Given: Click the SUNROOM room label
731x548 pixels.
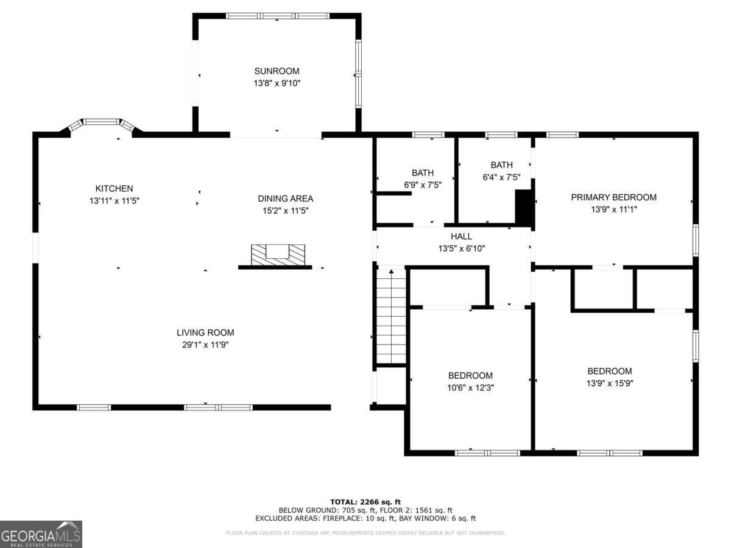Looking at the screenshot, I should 277,71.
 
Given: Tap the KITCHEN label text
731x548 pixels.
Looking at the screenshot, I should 114,189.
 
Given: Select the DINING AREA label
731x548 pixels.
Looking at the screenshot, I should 285,198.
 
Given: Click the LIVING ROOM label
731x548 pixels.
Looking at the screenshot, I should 205,332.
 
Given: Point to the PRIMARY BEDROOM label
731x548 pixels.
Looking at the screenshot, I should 613,197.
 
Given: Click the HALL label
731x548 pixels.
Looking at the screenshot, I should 461,236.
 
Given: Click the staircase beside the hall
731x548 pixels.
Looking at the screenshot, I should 391,317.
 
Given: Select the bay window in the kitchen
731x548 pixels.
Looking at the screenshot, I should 101,124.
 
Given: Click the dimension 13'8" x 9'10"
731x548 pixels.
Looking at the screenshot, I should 277,83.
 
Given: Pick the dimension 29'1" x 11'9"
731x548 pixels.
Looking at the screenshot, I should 205,345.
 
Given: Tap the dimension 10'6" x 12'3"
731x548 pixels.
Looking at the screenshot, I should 470,387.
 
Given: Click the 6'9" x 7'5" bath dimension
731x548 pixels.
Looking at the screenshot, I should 422,184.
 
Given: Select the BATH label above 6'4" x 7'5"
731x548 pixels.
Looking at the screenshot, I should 501,165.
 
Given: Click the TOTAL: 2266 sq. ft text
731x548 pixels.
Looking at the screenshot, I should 365,502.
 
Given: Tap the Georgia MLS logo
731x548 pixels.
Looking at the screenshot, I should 41,534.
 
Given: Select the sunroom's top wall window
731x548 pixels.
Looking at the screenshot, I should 277,16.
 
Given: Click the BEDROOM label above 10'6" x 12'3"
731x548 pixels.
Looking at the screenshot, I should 470,376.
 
